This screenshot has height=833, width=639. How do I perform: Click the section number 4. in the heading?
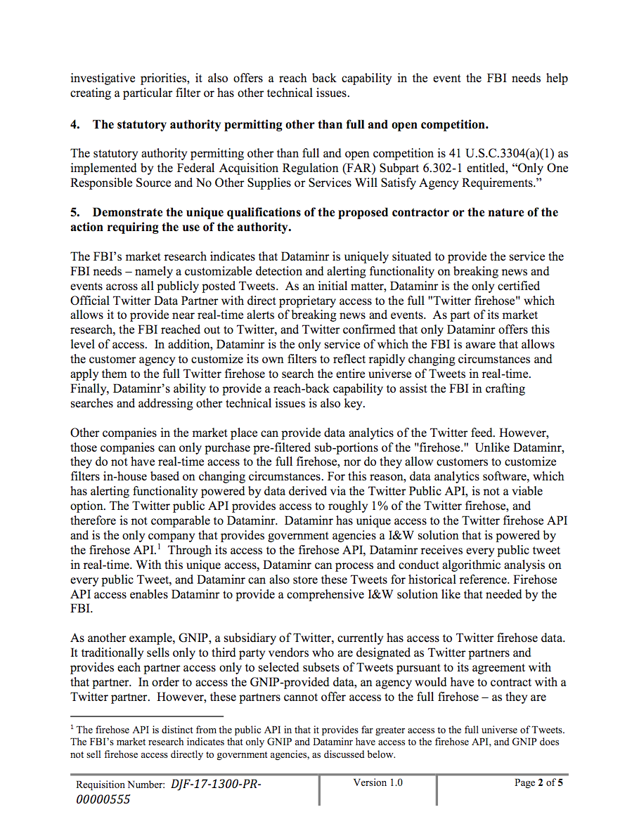pyautogui.click(x=75, y=124)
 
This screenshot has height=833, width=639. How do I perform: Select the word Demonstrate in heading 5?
pyautogui.click(x=128, y=212)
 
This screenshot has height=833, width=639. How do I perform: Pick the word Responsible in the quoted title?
pyautogui.click(x=103, y=183)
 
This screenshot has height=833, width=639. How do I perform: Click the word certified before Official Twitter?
pyautogui.click(x=519, y=286)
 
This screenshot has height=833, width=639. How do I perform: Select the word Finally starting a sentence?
pyautogui.click(x=91, y=388)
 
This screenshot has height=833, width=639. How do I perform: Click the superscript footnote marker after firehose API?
pyautogui.click(x=161, y=546)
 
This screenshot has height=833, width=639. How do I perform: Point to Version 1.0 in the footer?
pyautogui.click(x=378, y=782)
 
